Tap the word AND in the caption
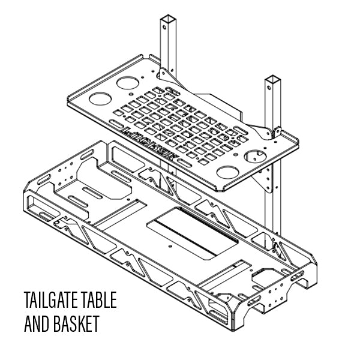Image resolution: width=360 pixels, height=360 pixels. coord(37,324)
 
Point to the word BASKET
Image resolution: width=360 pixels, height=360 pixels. coord(76,324)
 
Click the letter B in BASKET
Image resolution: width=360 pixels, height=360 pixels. coord(58,324)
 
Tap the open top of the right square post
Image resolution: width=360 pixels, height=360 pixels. coord(273,79)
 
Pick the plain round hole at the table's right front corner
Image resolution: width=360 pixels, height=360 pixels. coord(227,173)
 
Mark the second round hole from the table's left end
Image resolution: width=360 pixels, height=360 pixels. coord(127,82)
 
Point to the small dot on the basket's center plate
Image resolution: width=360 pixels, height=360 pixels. coord(172,246)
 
